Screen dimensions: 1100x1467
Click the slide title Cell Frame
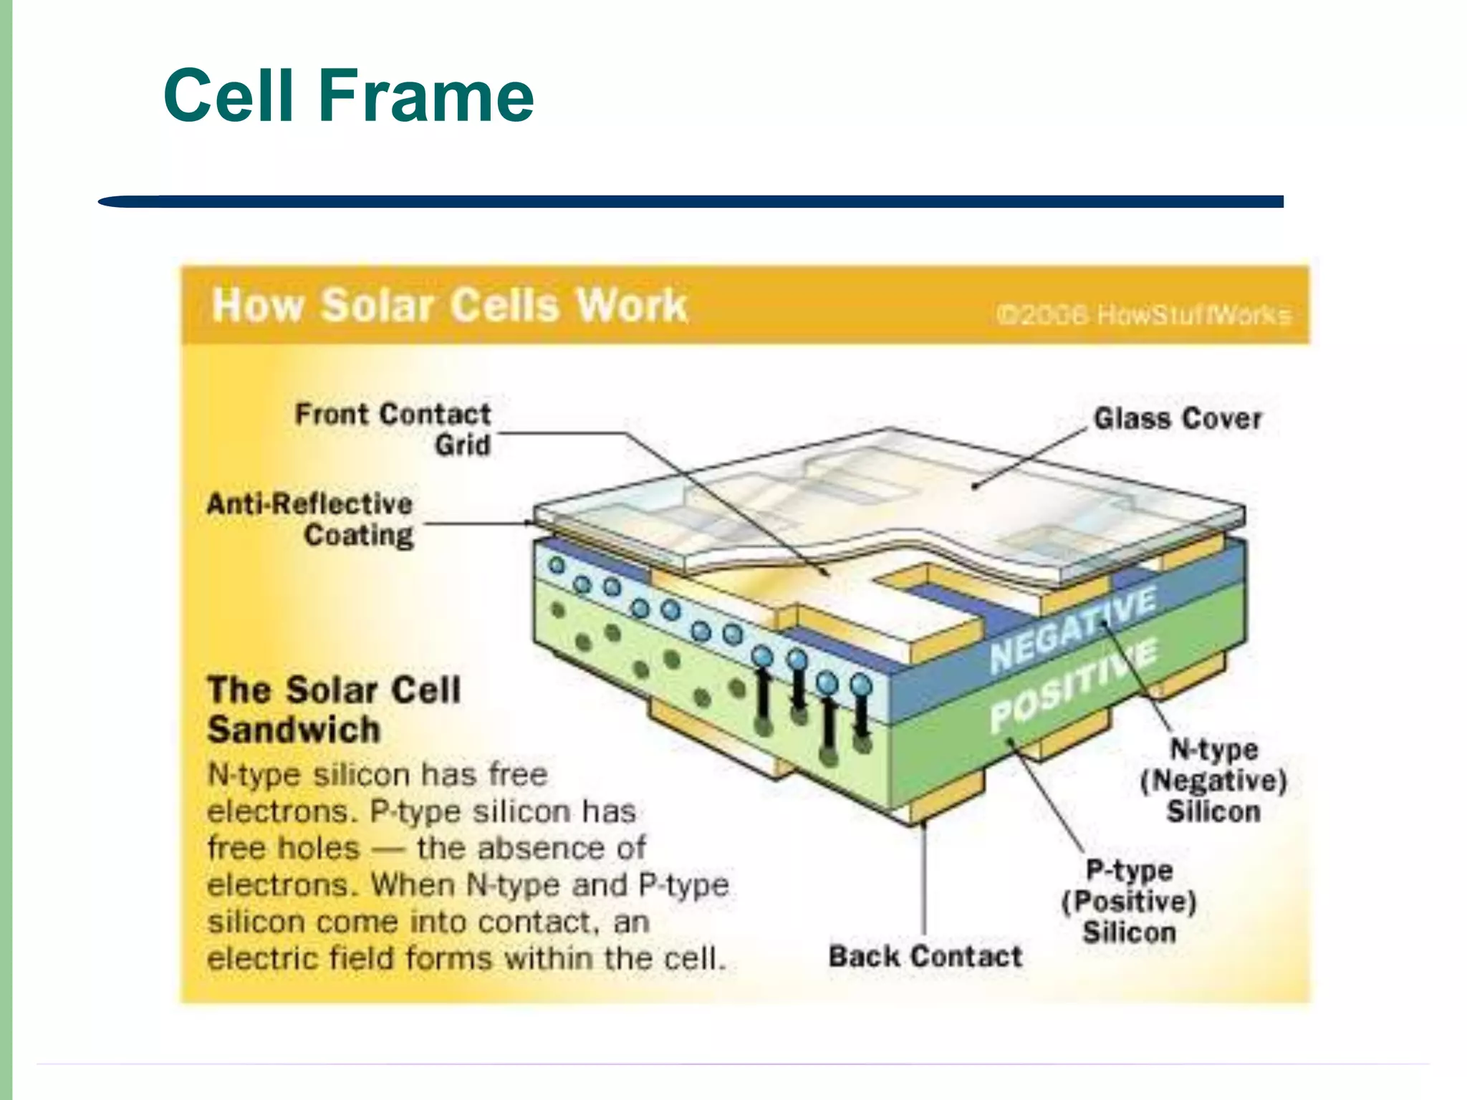tap(349, 95)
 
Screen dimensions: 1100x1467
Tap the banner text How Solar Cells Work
tap(449, 305)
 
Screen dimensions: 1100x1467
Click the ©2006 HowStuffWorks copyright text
tap(1144, 314)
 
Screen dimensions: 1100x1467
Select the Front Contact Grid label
tap(393, 429)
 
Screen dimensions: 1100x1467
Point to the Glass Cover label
tap(1177, 418)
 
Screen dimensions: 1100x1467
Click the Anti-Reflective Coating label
tap(310, 519)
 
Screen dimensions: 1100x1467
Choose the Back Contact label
tap(925, 957)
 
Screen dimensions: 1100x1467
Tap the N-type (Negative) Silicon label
tap(1213, 781)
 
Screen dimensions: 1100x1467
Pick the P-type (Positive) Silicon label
tap(1129, 901)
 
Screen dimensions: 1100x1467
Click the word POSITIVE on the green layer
tap(1073, 685)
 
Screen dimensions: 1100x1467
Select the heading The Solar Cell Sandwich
tap(333, 710)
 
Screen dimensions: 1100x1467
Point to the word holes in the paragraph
tap(318, 849)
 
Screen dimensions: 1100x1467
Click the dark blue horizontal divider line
tap(691, 202)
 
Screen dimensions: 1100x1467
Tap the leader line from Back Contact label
tap(924, 881)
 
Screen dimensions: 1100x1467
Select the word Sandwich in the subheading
tap(294, 730)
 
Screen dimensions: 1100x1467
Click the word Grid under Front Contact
tap(463, 445)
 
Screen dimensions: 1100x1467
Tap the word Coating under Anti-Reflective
tap(359, 535)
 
